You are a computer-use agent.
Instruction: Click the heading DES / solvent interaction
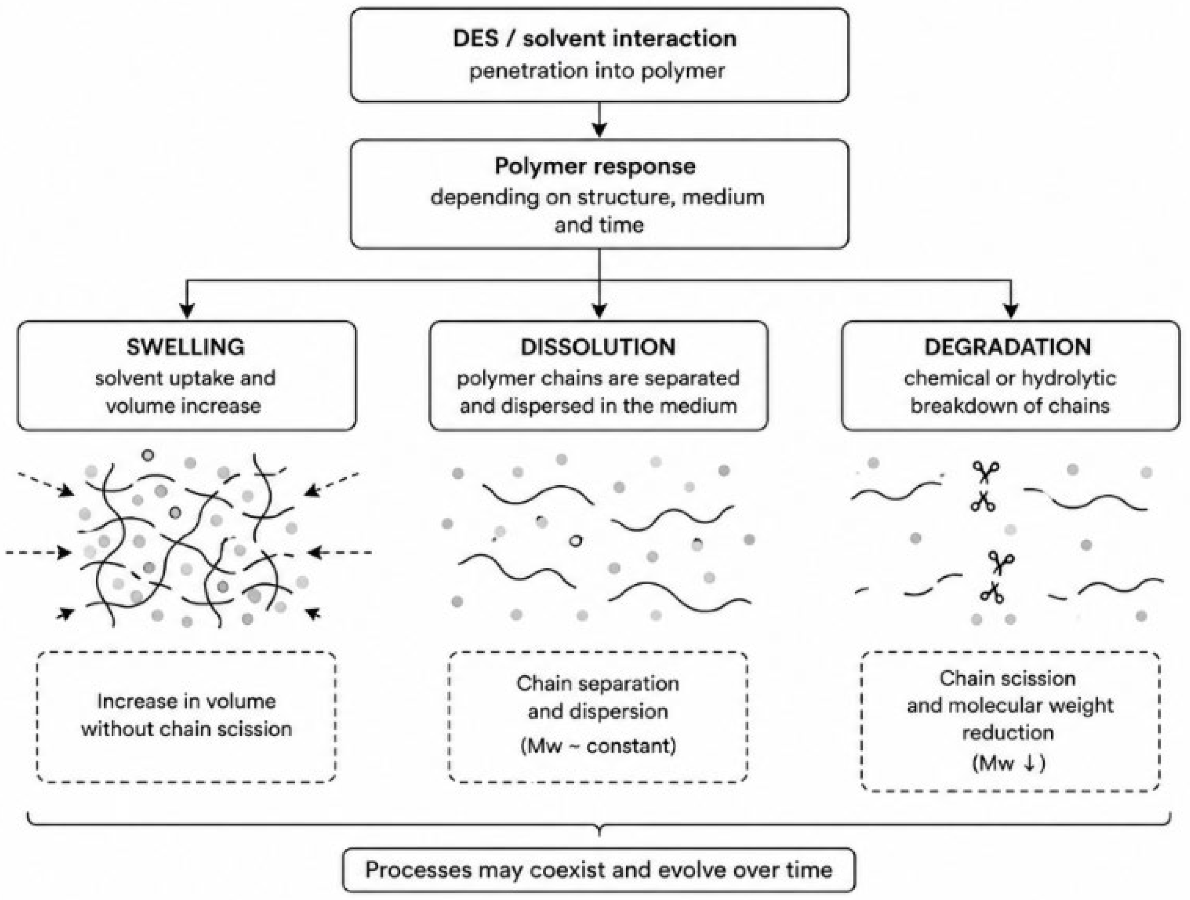click(x=595, y=39)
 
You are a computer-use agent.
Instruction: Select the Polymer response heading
click(x=595, y=166)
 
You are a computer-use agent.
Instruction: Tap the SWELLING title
click(x=185, y=347)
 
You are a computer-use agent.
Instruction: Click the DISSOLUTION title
click(x=598, y=347)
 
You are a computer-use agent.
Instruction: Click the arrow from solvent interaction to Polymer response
click(x=599, y=120)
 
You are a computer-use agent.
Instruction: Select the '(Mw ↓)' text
click(x=1009, y=764)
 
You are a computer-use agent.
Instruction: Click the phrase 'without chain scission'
click(x=187, y=729)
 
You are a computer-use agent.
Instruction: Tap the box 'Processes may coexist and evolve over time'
click(x=599, y=870)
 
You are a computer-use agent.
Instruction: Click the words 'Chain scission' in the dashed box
click(x=1008, y=678)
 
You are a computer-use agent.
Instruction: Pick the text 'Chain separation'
click(x=598, y=684)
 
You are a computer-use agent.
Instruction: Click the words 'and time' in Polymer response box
click(x=599, y=225)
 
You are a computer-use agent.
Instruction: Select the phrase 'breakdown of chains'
click(x=1010, y=405)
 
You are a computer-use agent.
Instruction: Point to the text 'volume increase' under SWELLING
click(x=184, y=405)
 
